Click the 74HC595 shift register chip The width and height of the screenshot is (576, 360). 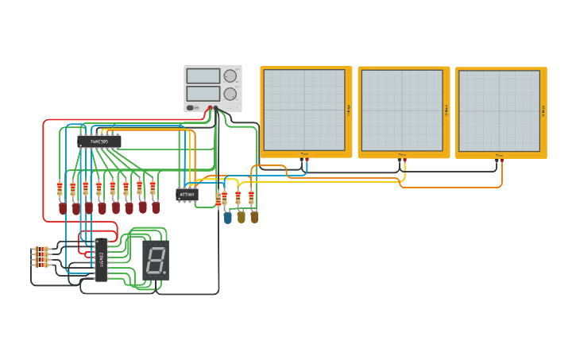click(x=99, y=141)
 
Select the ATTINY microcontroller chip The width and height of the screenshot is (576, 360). click(x=187, y=194)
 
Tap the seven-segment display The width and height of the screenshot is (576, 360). click(x=156, y=259)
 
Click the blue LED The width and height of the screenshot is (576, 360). click(x=228, y=217)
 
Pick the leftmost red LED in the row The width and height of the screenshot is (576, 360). click(x=63, y=208)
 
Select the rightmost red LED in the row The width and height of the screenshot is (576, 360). click(x=156, y=207)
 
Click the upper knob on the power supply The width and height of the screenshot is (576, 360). click(x=230, y=75)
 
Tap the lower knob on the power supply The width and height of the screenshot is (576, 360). click(x=230, y=94)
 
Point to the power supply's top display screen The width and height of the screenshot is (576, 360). click(x=203, y=75)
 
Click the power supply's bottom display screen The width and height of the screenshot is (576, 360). click(x=203, y=94)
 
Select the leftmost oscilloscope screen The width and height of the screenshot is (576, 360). click(x=304, y=110)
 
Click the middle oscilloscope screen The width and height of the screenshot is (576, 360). click(x=402, y=110)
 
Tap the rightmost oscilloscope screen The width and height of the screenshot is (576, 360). click(x=500, y=110)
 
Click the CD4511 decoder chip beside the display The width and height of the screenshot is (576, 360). click(x=101, y=259)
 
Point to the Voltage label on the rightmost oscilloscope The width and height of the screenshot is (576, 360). click(x=543, y=110)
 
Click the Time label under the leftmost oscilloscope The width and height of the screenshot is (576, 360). click(x=303, y=154)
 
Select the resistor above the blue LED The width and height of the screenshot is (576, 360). click(x=224, y=199)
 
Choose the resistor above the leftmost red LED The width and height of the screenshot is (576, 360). click(x=60, y=189)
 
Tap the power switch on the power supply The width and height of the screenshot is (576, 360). click(x=191, y=108)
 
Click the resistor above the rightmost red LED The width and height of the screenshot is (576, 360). click(x=153, y=188)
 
